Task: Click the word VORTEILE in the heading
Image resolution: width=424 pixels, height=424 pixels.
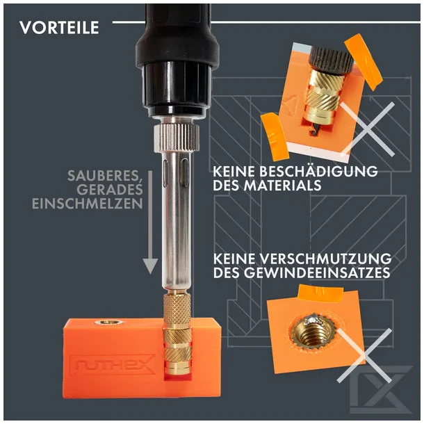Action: click(59, 28)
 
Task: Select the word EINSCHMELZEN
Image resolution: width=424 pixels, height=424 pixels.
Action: click(88, 204)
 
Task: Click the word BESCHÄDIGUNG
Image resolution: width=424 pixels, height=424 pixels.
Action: click(314, 171)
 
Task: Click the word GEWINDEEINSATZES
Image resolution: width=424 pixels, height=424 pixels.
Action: click(317, 273)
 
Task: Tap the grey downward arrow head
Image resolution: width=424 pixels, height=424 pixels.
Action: click(150, 266)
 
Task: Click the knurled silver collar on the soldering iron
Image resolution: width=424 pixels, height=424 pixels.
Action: click(177, 139)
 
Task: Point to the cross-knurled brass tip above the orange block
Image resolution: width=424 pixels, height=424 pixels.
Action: click(177, 310)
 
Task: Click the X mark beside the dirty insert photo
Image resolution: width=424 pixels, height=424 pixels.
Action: click(364, 355)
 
